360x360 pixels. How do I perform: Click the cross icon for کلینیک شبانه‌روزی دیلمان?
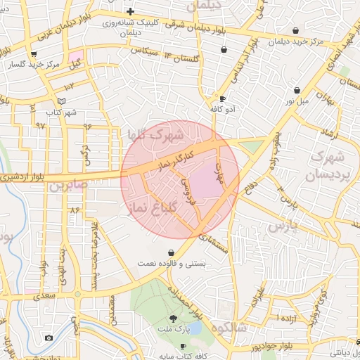(x=130, y=11)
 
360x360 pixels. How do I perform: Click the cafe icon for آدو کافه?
(x=223, y=99)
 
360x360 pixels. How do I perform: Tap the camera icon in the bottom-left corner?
(x=49, y=338)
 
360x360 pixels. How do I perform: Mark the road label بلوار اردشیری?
(x=25, y=177)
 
